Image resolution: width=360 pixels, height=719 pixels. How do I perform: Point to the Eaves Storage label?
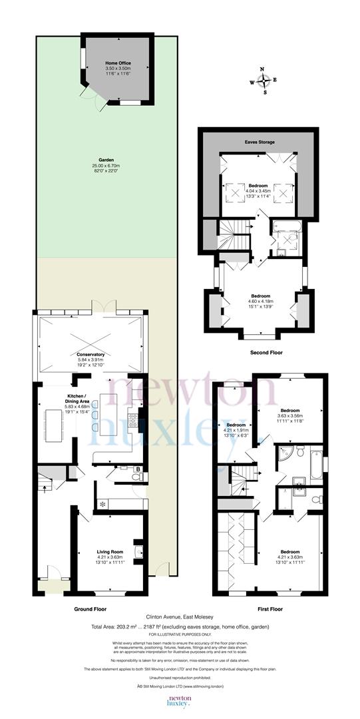tap(258, 142)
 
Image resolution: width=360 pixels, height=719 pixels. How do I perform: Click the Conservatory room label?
tap(91, 358)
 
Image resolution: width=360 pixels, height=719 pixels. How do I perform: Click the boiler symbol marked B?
tap(137, 470)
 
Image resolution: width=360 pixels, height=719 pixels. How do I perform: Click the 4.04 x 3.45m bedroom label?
tap(258, 189)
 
